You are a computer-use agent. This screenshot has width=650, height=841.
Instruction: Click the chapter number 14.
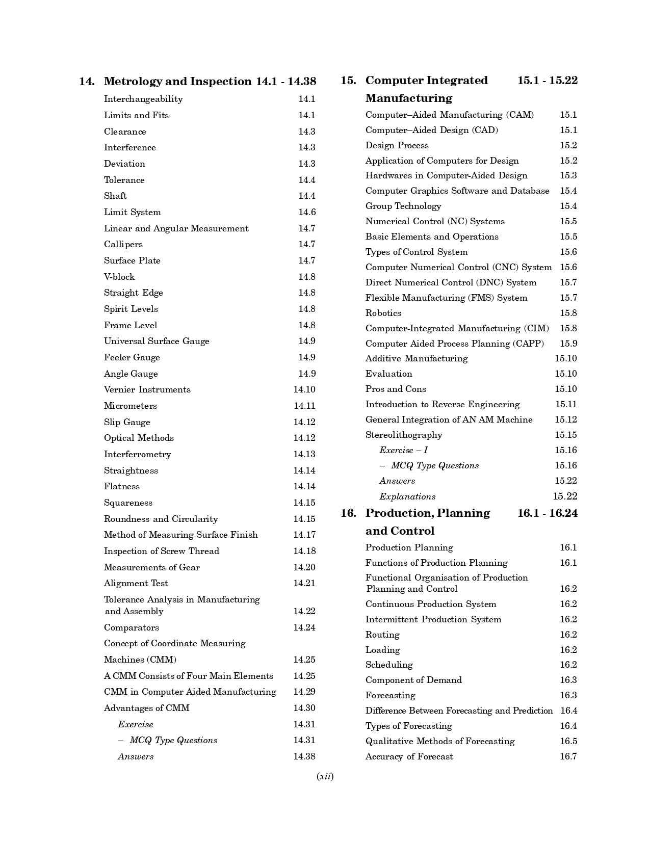click(x=87, y=82)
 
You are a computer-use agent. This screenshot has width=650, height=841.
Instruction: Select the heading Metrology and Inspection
click(x=177, y=82)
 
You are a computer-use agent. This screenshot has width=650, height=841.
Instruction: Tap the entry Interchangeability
click(x=143, y=99)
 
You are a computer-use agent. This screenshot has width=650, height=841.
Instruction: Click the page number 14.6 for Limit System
click(x=307, y=212)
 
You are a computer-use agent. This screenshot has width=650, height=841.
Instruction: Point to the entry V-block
click(x=119, y=277)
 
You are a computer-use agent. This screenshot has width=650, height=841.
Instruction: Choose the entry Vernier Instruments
click(x=147, y=389)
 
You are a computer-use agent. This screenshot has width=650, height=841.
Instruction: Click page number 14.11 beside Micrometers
click(x=304, y=406)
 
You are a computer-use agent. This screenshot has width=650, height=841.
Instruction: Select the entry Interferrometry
click(x=138, y=454)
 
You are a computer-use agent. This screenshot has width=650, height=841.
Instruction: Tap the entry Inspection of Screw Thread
click(x=162, y=551)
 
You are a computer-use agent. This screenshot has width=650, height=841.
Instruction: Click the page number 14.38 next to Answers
click(x=304, y=756)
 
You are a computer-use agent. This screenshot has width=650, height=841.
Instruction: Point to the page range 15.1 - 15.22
click(x=548, y=81)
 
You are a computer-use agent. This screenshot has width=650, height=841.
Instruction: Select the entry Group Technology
click(x=403, y=206)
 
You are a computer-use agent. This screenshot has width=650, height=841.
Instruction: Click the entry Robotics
click(x=383, y=313)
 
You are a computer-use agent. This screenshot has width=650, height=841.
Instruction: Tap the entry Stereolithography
click(x=404, y=435)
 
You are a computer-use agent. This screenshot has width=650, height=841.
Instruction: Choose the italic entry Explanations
click(x=407, y=496)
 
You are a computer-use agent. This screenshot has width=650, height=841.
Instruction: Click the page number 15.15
click(x=566, y=435)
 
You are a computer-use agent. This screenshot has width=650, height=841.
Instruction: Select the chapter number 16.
click(x=349, y=513)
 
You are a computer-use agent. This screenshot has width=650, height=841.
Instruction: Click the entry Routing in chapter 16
click(x=382, y=635)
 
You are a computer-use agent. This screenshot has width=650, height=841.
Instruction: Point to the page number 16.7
click(x=568, y=756)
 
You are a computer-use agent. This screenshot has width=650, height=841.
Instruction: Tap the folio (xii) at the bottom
click(x=325, y=777)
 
